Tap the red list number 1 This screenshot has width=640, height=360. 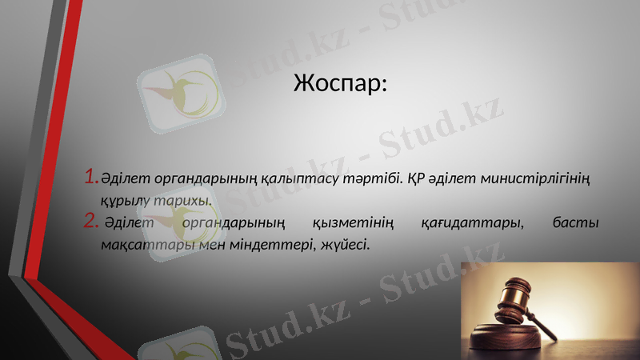(90, 174)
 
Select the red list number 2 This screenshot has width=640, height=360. (90, 221)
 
